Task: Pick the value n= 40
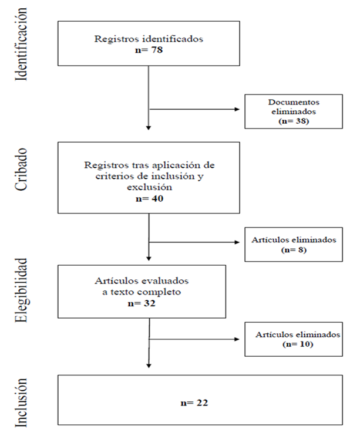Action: [148, 199]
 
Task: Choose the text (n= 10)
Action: [297, 344]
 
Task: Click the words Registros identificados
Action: [148, 40]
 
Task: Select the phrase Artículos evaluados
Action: [142, 281]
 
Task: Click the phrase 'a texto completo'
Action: [142, 293]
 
